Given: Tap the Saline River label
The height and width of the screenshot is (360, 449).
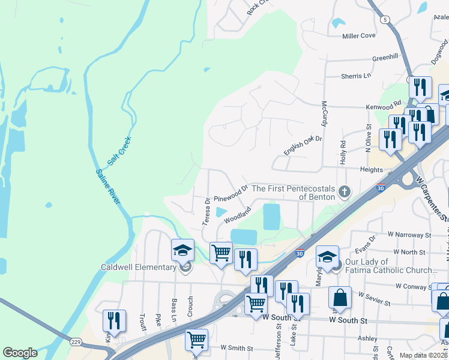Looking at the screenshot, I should [x=107, y=187].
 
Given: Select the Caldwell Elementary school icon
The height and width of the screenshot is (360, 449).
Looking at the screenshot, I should [x=182, y=251].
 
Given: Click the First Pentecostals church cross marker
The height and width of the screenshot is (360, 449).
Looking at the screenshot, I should [x=344, y=192].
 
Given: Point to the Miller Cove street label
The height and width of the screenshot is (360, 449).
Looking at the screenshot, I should [x=358, y=36].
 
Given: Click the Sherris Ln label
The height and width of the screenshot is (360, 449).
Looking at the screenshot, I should [x=357, y=76].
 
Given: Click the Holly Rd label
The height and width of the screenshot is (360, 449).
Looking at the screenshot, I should [x=343, y=152].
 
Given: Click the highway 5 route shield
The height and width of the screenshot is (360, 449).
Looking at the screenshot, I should [x=384, y=19].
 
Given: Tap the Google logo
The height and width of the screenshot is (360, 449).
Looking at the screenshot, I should [x=20, y=353].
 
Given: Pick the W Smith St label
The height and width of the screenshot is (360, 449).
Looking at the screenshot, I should [x=237, y=347].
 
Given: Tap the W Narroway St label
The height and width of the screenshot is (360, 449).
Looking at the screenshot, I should [x=410, y=234].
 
